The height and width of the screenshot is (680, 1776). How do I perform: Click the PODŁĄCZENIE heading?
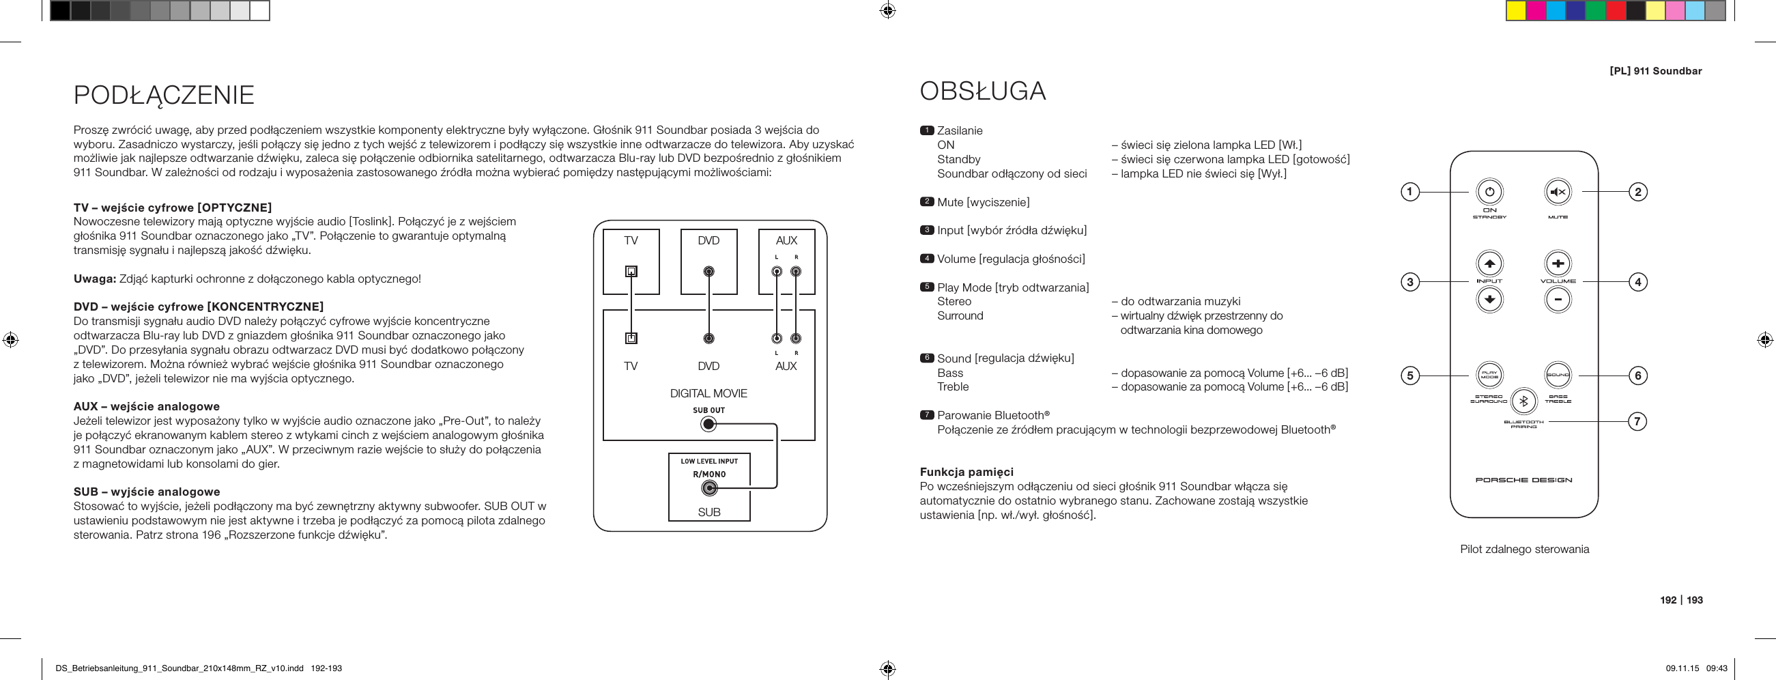coord(164,95)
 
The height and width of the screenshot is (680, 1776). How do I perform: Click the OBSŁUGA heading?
coord(982,91)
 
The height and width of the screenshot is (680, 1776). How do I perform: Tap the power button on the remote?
coord(1489,192)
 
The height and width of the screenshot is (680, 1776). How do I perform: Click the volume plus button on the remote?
coord(1558,264)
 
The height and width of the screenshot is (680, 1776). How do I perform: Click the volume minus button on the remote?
coord(1558,299)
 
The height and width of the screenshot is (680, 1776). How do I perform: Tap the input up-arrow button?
coord(1489,264)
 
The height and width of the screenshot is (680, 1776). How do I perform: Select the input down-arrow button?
coord(1489,299)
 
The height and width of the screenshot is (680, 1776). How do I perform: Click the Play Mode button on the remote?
coord(1489,376)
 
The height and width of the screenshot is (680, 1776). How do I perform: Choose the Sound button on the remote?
coord(1558,376)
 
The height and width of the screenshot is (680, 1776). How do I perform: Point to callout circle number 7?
coord(1637,421)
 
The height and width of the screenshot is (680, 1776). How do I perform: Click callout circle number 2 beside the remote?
coord(1637,192)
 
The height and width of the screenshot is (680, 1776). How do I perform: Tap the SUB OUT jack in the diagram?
coord(708,424)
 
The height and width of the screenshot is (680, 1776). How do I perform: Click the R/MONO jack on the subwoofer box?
coord(708,489)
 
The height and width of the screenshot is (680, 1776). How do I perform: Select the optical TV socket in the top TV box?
coord(631,271)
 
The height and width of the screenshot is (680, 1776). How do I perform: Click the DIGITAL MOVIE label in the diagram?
coord(708,394)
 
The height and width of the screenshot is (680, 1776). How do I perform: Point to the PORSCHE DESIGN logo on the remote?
coord(1523,480)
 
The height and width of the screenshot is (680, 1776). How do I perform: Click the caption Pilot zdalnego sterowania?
coord(1524,550)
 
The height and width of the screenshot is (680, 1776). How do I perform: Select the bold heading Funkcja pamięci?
coord(966,472)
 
